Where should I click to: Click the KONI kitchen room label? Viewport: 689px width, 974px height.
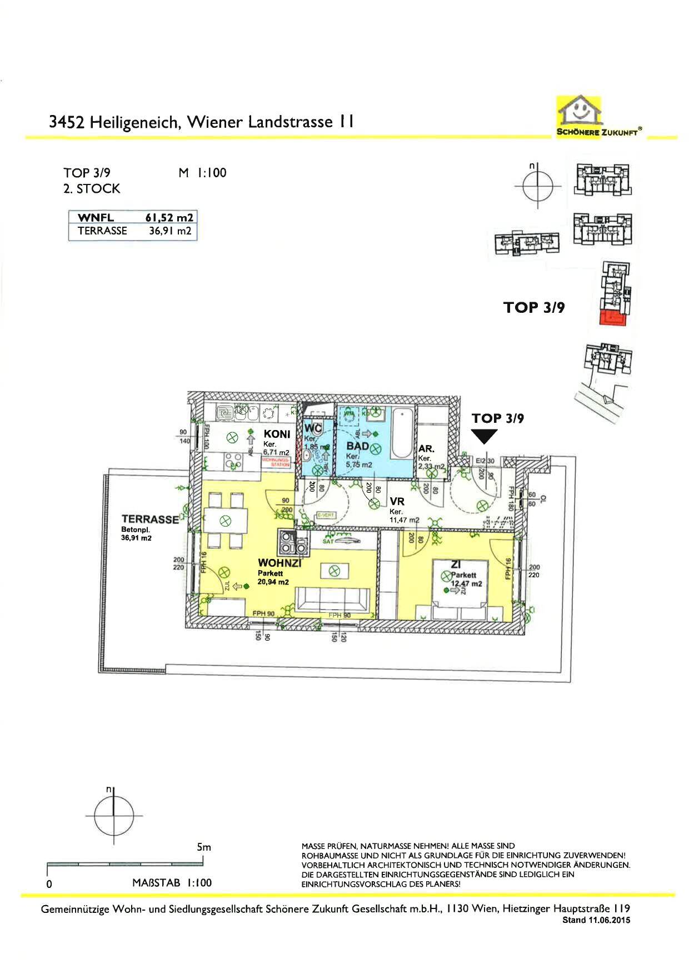(x=277, y=434)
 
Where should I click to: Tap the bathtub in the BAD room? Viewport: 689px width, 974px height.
(x=401, y=432)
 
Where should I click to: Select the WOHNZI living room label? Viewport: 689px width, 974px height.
(x=279, y=563)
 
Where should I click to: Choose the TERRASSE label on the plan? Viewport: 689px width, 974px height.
(x=150, y=519)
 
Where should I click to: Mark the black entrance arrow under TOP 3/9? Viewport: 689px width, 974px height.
(x=485, y=437)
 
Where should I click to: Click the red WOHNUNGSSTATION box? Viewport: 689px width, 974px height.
(x=276, y=462)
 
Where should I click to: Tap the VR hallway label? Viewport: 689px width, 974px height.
(x=397, y=501)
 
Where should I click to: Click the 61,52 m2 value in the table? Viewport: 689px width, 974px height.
(x=169, y=218)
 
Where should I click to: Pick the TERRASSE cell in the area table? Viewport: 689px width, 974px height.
(x=102, y=231)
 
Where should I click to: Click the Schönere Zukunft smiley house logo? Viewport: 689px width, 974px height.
(x=580, y=111)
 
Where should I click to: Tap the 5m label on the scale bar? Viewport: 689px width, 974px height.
(x=204, y=847)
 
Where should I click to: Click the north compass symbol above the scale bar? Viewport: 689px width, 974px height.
(x=113, y=816)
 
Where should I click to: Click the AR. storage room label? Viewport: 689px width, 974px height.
(x=426, y=448)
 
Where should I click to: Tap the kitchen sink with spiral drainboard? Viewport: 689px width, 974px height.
(x=225, y=413)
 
